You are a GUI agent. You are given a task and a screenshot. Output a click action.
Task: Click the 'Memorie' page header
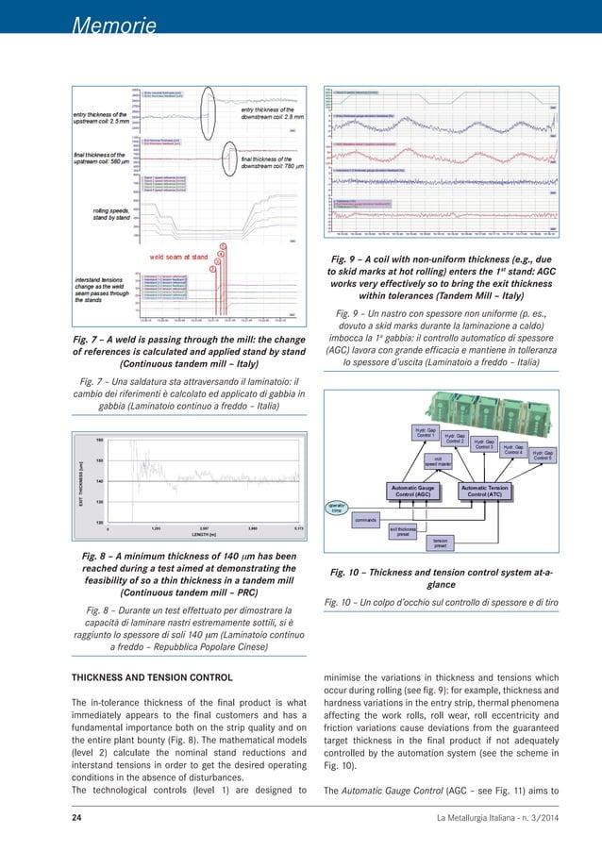pos(110,25)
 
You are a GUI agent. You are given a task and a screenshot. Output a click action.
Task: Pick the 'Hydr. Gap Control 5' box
pos(543,455)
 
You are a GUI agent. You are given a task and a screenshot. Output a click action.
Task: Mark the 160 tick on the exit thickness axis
pos(99,440)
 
